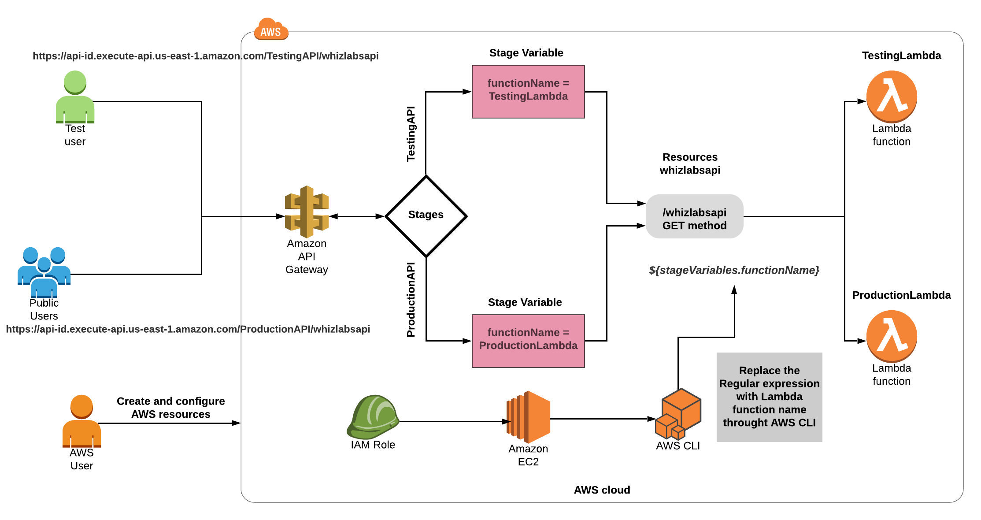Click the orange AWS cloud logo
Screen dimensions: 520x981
pyautogui.click(x=271, y=30)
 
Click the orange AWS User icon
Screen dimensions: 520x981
pyautogui.click(x=81, y=421)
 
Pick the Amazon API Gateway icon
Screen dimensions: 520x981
pyautogui.click(x=307, y=212)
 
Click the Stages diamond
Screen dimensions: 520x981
pyautogui.click(x=426, y=216)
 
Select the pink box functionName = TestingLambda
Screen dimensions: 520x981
pyautogui.click(x=528, y=92)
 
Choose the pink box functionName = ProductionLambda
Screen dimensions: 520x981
pyautogui.click(x=528, y=341)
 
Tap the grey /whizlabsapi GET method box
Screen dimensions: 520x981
pyautogui.click(x=694, y=216)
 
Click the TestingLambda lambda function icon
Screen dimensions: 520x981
pyautogui.click(x=892, y=97)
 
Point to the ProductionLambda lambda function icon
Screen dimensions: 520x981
pyautogui.click(x=892, y=336)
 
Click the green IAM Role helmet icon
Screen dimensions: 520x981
pyautogui.click(x=373, y=416)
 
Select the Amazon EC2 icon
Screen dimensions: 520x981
pyautogui.click(x=528, y=417)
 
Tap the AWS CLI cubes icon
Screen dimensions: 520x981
pyautogui.click(x=678, y=414)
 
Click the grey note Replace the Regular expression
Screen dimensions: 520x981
pyautogui.click(x=769, y=397)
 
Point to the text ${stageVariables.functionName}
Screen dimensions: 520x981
pyautogui.click(x=734, y=270)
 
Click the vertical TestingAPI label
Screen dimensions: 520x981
pyautogui.click(x=411, y=134)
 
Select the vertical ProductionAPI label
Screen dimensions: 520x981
pyautogui.click(x=411, y=300)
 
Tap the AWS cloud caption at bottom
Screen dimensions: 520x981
pyautogui.click(x=602, y=490)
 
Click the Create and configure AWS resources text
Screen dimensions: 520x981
pyautogui.click(x=170, y=408)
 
